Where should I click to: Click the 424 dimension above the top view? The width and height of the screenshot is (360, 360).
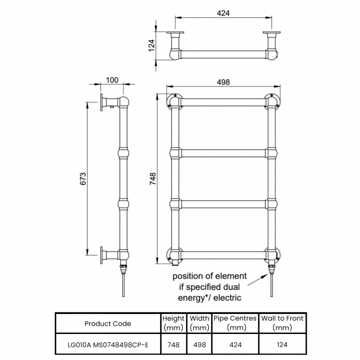[223, 13]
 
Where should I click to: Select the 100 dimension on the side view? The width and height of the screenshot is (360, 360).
[112, 80]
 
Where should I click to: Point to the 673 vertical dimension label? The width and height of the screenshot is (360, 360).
[83, 178]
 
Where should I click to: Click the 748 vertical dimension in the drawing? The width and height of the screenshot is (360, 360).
[153, 178]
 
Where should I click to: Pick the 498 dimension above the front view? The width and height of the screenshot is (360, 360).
[224, 81]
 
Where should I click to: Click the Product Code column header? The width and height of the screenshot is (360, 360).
[108, 323]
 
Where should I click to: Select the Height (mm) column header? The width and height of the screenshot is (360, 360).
[173, 323]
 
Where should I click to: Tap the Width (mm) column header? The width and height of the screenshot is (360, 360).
[199, 323]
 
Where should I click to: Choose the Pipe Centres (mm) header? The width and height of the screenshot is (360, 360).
[235, 323]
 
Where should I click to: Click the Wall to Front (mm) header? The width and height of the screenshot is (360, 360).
[283, 323]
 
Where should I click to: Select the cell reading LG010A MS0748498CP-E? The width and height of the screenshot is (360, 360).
[108, 344]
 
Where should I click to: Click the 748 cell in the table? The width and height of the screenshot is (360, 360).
[173, 344]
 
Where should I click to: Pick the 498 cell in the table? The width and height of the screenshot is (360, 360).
[199, 344]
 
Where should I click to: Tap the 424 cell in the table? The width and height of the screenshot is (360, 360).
[235, 344]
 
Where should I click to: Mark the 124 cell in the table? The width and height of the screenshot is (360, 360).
[283, 344]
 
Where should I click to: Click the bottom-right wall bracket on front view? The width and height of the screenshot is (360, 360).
[272, 255]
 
